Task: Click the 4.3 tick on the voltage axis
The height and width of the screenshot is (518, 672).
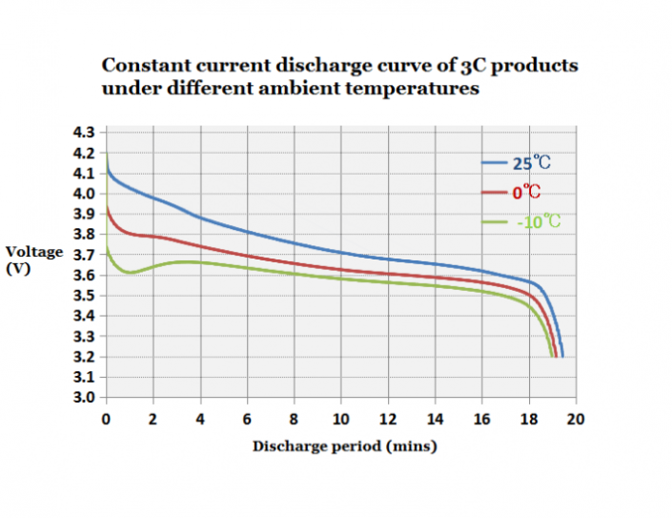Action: (86, 132)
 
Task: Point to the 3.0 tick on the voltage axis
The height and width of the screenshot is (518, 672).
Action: (86, 397)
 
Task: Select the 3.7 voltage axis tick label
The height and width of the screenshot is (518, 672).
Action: (86, 255)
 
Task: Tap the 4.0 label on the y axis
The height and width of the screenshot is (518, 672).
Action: (86, 194)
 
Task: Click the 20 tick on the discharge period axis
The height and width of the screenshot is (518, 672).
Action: (576, 419)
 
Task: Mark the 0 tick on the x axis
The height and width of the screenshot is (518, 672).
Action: (106, 419)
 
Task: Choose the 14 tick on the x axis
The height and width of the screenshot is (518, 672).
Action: (436, 419)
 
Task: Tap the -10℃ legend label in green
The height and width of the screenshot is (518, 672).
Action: (539, 222)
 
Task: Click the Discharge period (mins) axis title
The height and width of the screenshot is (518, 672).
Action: (344, 445)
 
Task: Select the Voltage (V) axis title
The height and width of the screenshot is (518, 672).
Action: (34, 260)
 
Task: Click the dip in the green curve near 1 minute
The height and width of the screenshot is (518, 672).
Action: (129, 273)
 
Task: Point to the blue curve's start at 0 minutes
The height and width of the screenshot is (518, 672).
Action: (107, 162)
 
